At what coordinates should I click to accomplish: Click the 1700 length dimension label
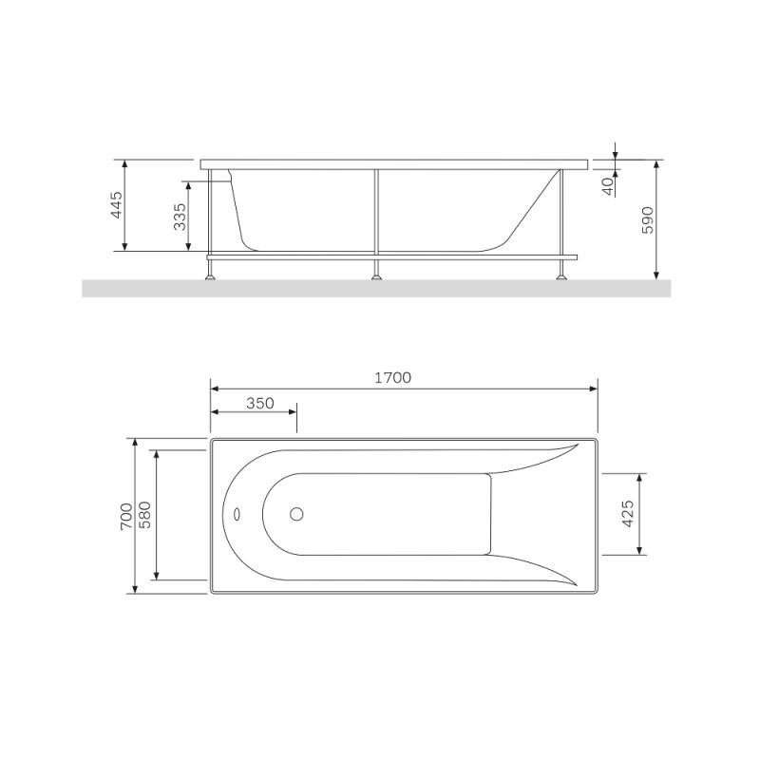click(392, 377)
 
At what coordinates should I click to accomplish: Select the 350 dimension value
click(260, 403)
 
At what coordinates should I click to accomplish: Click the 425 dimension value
click(628, 513)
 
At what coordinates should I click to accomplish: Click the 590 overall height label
click(647, 219)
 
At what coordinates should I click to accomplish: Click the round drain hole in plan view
click(296, 515)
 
